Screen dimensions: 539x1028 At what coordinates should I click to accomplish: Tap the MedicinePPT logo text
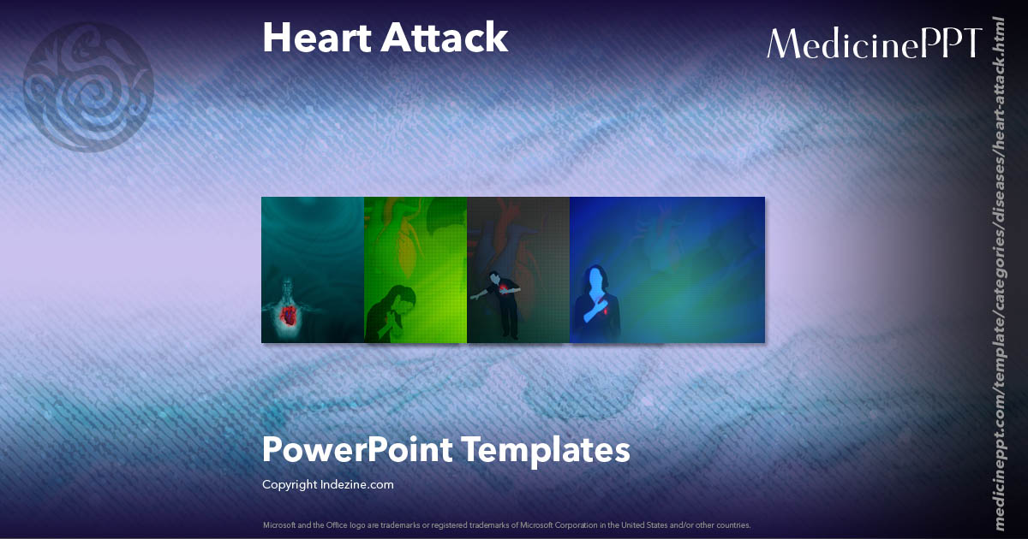(x=873, y=43)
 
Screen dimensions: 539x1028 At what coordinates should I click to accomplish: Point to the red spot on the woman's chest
(x=607, y=311)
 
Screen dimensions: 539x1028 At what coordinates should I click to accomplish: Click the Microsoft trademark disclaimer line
(x=506, y=525)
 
